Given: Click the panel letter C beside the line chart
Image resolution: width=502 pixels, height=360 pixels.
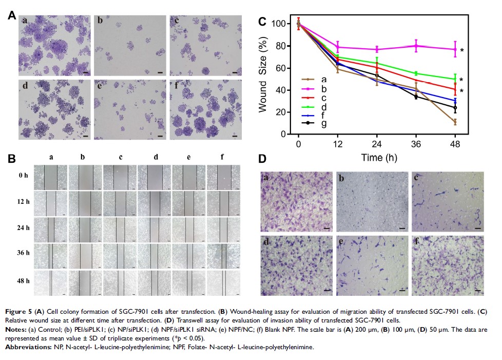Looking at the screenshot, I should point(262,22).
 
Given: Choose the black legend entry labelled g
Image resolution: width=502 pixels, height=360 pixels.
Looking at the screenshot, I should point(323,124).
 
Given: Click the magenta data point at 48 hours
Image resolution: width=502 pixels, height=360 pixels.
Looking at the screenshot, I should point(455,49).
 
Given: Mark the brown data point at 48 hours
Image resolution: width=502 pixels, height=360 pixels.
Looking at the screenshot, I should point(455,122).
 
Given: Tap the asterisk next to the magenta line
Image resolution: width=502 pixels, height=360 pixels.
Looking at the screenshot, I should point(462,50).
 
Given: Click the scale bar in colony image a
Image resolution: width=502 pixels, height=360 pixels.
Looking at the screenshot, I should point(86,73).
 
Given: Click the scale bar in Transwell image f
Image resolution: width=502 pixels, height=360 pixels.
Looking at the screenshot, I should point(478,290).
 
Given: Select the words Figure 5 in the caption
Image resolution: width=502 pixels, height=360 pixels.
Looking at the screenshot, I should point(18,311).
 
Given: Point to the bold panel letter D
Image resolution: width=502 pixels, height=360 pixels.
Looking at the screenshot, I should point(262,159).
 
